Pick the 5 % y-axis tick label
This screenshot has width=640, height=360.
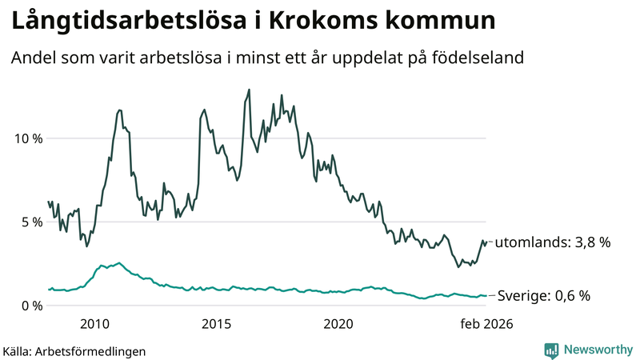point(30,222)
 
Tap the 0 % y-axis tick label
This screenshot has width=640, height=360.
point(30,305)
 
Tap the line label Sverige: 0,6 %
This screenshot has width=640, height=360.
point(544,296)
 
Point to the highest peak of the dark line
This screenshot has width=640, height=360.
point(250,90)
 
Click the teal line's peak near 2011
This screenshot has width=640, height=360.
point(119,262)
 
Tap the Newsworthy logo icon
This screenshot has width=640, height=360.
point(551,350)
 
